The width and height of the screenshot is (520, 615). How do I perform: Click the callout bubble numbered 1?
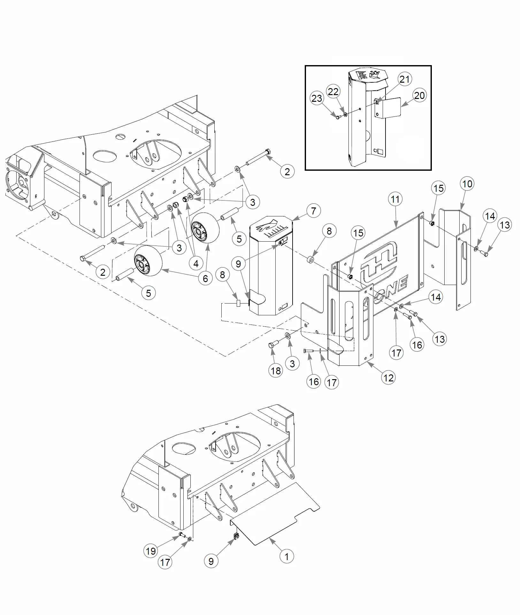pos(287,556)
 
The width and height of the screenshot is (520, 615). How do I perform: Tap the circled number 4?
pos(196,263)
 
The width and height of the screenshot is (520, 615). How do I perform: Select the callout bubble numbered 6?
pos(205,278)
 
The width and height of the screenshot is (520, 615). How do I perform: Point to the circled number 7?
pos(313,211)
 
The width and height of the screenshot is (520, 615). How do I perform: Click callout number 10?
pos(467,184)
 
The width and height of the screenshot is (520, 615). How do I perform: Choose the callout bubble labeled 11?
pos(395,199)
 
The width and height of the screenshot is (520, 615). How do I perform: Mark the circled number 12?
pos(388,378)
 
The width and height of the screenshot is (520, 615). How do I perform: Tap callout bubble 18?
pos(276,371)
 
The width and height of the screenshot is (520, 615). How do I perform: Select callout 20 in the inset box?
pos(419,95)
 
